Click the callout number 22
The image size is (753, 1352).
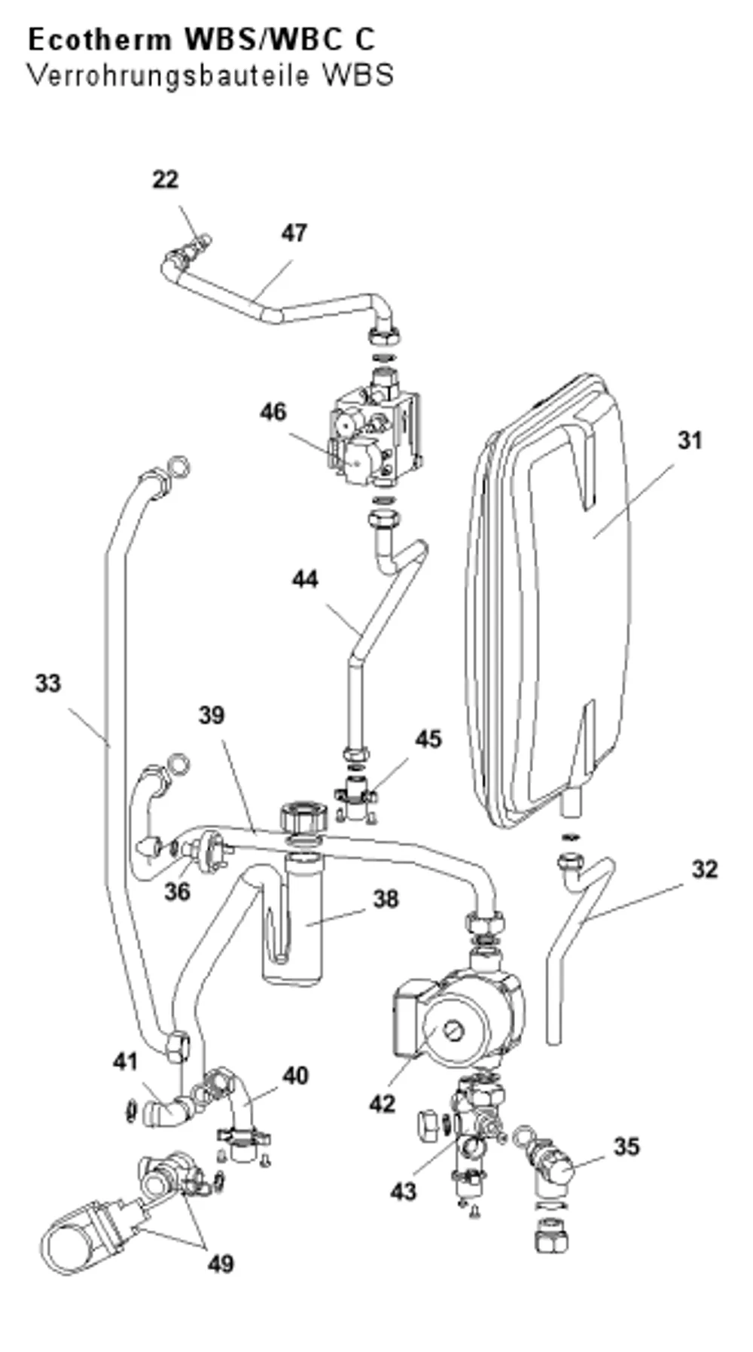tap(165, 180)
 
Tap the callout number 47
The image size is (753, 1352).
tap(294, 233)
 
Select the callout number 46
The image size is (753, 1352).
tap(273, 412)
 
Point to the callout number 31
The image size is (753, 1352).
tap(689, 440)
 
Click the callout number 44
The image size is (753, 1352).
tap(305, 579)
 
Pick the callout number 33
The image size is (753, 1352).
tap(47, 684)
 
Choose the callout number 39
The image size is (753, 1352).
tap(212, 715)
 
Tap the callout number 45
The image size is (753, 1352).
tap(428, 739)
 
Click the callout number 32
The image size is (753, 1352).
tap(705, 869)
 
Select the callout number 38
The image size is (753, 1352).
tap(386, 899)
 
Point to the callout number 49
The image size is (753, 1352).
tap(221, 1264)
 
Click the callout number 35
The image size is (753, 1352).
tap(626, 1147)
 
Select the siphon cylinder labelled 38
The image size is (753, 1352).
tap(293, 918)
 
